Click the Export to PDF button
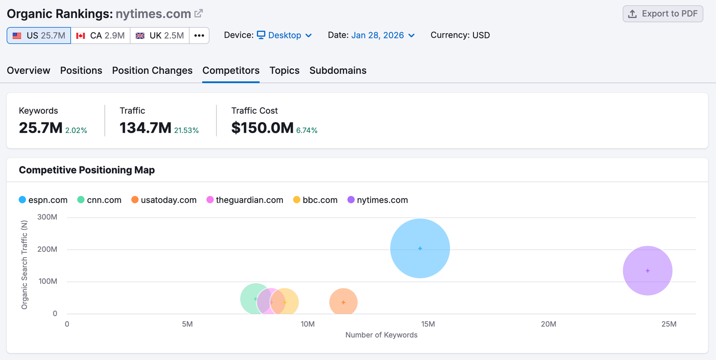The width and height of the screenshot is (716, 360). (x=663, y=14)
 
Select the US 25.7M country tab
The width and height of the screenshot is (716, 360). (x=39, y=35)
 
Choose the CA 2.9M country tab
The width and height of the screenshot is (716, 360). (x=100, y=35)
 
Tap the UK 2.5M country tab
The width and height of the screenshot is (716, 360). (x=160, y=35)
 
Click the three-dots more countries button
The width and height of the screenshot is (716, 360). (x=199, y=35)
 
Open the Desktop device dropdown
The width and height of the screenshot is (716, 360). (x=285, y=35)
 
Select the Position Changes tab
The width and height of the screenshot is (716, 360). (x=152, y=71)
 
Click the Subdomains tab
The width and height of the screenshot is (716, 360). (x=338, y=71)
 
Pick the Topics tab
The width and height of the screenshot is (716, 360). (x=284, y=71)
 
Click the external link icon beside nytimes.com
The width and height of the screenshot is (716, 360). (x=199, y=13)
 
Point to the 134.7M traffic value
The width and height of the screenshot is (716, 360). (x=145, y=128)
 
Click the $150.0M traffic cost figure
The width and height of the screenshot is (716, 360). (x=262, y=128)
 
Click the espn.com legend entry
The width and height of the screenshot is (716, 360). (x=43, y=200)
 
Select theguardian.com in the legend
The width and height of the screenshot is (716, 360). (x=245, y=200)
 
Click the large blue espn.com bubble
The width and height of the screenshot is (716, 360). (x=420, y=248)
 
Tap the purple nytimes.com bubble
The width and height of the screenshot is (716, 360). (x=648, y=271)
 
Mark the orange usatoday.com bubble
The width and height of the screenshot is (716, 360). (x=343, y=302)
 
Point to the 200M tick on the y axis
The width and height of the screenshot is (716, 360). (x=47, y=249)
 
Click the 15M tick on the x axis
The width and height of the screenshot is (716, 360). (x=428, y=324)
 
